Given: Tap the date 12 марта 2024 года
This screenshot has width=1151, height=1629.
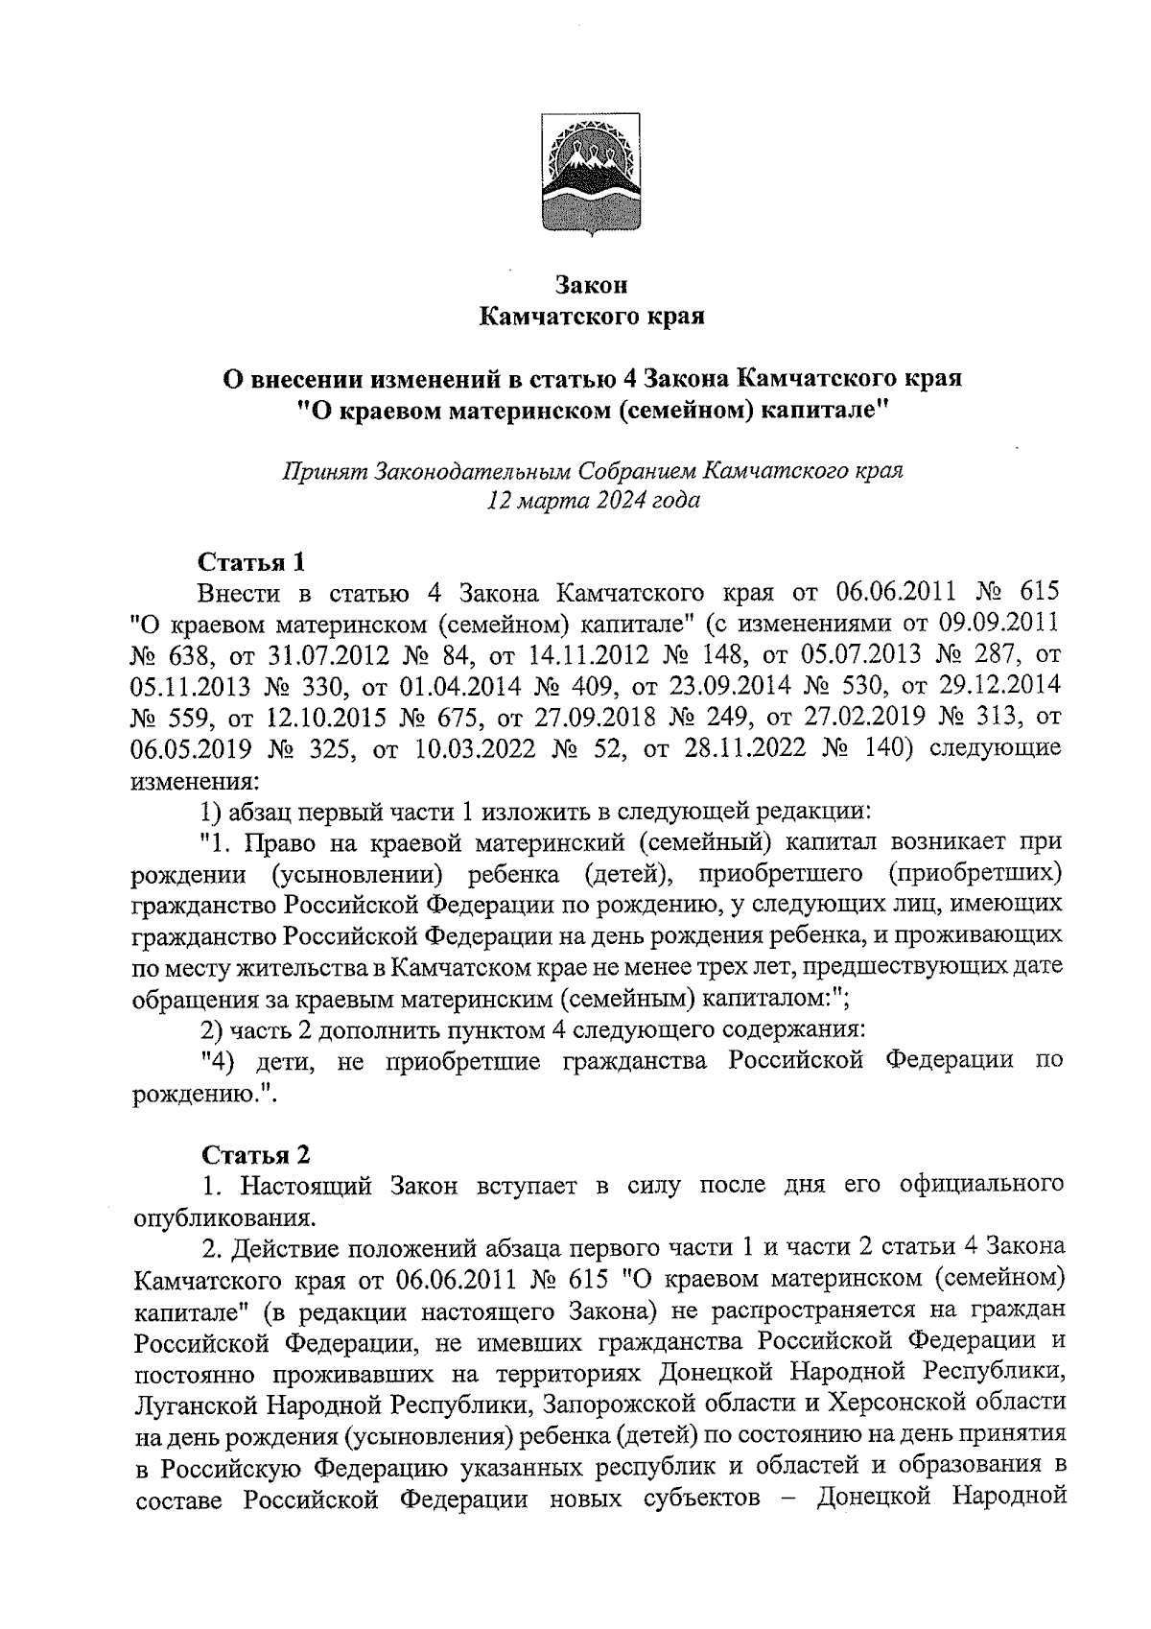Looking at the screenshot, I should (x=593, y=501).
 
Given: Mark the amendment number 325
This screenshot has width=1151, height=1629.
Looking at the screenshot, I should (x=325, y=748).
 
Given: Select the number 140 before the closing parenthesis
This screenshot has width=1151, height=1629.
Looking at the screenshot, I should (x=890, y=748).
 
